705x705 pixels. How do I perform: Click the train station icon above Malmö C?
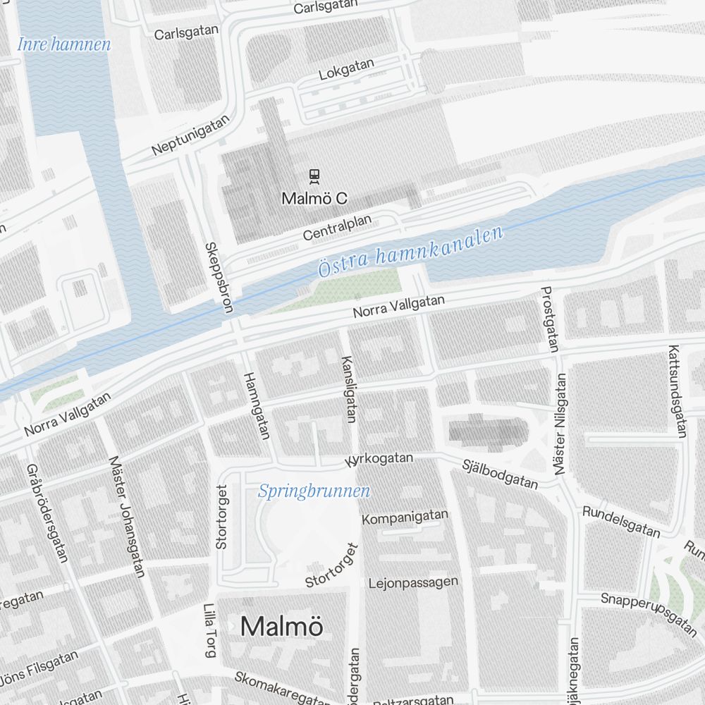pyautogui.click(x=314, y=176)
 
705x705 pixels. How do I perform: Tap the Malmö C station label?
pyautogui.click(x=314, y=199)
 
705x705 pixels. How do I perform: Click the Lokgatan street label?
pyautogui.click(x=346, y=69)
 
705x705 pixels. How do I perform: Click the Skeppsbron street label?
pyautogui.click(x=219, y=277)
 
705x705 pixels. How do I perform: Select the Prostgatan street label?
pyautogui.click(x=549, y=319)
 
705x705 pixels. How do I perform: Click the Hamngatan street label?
pyautogui.click(x=256, y=405)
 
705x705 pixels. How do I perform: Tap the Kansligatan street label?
pyautogui.click(x=348, y=389)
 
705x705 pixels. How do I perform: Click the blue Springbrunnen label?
pyautogui.click(x=314, y=491)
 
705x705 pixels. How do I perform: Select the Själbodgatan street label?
pyautogui.click(x=500, y=474)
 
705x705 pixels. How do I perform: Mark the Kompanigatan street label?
pyautogui.click(x=405, y=517)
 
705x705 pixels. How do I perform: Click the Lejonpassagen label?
pyautogui.click(x=413, y=583)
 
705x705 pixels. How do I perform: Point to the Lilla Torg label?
pyautogui.click(x=209, y=630)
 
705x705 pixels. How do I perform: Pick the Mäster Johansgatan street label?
pyautogui.click(x=127, y=516)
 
